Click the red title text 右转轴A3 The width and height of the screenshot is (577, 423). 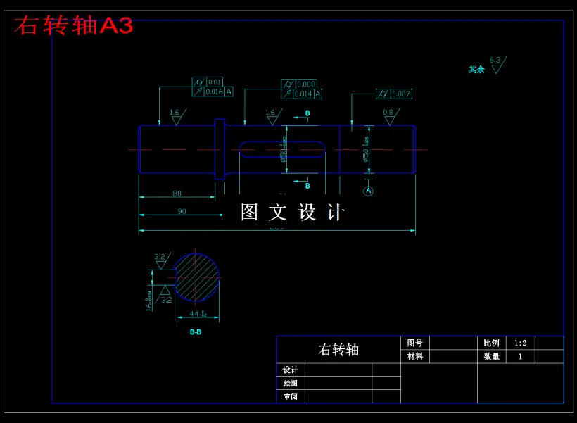[x=73, y=26]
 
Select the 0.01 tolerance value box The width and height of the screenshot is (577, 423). [x=215, y=82]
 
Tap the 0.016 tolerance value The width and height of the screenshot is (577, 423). [x=214, y=92]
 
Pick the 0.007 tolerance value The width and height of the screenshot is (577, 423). [x=401, y=94]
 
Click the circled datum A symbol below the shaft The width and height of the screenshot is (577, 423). [x=368, y=191]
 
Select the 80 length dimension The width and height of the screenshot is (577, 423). [x=177, y=194]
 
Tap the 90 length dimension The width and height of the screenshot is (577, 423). [x=182, y=211]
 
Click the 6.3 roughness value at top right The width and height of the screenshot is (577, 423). [x=495, y=61]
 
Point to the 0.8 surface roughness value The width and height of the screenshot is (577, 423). [x=388, y=113]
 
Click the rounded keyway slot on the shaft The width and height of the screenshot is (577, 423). [x=281, y=149]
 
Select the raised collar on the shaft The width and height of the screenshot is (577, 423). [x=220, y=149]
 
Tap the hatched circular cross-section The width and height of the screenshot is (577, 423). [x=196, y=277]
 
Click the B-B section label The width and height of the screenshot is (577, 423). [x=196, y=332]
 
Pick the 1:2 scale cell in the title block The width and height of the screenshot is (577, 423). [x=520, y=343]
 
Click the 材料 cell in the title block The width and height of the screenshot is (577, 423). [x=415, y=357]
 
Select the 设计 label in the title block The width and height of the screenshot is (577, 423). [x=291, y=370]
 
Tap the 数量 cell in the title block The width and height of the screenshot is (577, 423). [x=491, y=357]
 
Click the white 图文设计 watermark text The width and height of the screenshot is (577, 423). [x=293, y=212]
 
